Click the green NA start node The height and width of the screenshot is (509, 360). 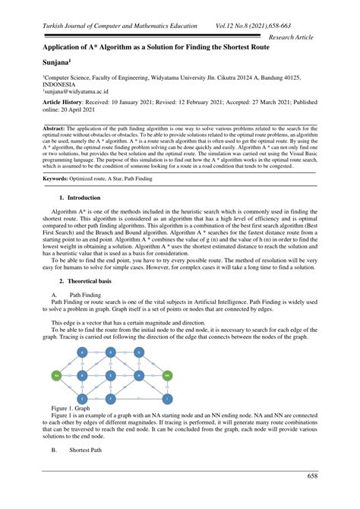click(56, 375)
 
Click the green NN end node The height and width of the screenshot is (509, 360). click(166, 375)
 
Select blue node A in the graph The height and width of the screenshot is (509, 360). click(83, 353)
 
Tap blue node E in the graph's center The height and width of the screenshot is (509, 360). click(111, 375)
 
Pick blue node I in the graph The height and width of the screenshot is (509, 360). click(166, 398)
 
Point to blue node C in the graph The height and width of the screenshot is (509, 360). click(83, 398)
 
